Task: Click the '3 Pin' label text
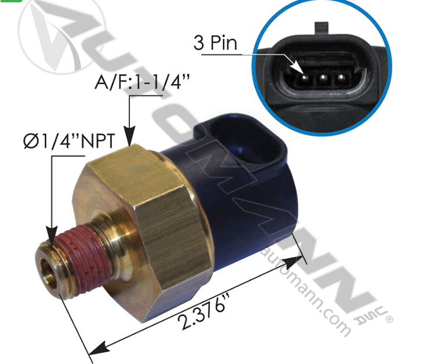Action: point(216,44)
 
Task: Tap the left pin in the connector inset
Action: point(303,76)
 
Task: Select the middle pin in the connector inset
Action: point(322,76)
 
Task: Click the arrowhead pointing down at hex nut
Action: point(129,139)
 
